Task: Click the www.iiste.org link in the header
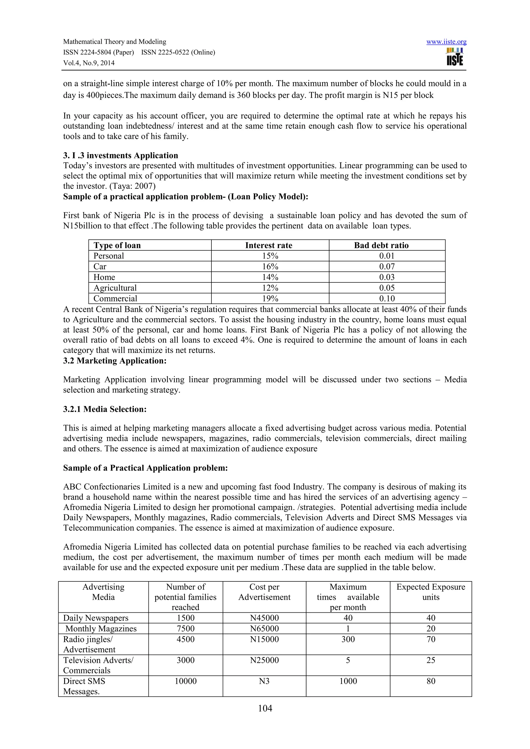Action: coord(446,42)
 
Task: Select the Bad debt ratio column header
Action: coord(381,245)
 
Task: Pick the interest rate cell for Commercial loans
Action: coord(270,298)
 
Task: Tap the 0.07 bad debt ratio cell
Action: coord(387,267)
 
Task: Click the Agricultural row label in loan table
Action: coord(115,288)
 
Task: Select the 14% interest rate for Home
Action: coord(270,277)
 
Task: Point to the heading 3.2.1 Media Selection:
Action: coord(105,409)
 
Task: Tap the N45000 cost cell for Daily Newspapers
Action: coord(264,618)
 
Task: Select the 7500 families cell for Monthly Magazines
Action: coord(185,629)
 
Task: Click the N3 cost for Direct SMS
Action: coord(264,681)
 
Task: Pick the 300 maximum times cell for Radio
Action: coord(348,639)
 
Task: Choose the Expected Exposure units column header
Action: coord(431,592)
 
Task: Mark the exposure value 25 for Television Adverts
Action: coord(431,660)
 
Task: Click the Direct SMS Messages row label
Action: coord(84,686)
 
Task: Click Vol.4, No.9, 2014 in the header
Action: coord(89,63)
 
